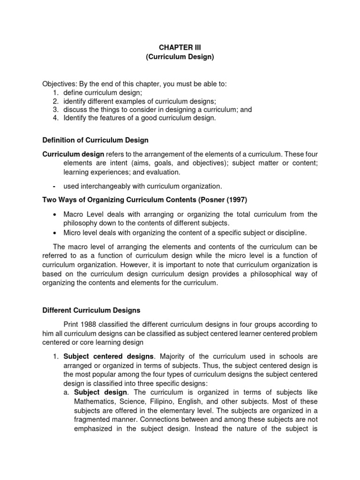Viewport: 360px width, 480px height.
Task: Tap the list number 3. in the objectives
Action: (x=55, y=110)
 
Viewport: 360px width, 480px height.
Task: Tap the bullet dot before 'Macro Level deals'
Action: (x=56, y=215)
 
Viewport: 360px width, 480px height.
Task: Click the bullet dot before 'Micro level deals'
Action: (x=56, y=232)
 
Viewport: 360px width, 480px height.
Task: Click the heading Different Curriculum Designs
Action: (x=91, y=310)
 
